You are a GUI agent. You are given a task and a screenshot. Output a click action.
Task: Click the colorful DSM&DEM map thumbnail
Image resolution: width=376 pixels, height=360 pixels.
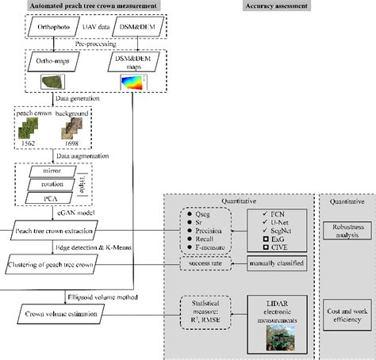[x=131, y=83]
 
